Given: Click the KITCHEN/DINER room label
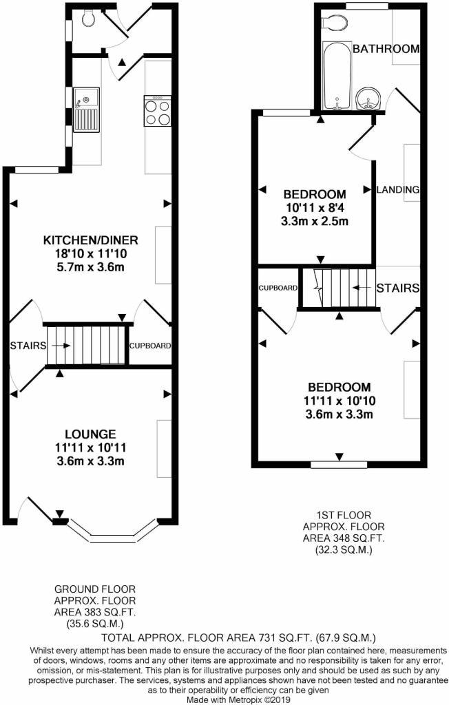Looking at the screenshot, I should click(91, 240).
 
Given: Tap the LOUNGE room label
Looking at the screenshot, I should click(90, 434).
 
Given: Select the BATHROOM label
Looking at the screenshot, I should click(386, 49).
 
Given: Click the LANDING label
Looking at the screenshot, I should click(398, 189).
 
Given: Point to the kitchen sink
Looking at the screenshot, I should click(87, 110).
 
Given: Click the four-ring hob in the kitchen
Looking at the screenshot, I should click(157, 111).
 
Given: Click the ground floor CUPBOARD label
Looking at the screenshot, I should click(150, 346).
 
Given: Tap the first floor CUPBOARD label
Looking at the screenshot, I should click(278, 288).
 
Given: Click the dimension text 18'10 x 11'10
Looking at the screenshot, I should click(91, 254).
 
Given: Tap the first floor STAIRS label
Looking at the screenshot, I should click(399, 288).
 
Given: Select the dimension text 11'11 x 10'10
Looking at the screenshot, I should click(339, 401).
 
